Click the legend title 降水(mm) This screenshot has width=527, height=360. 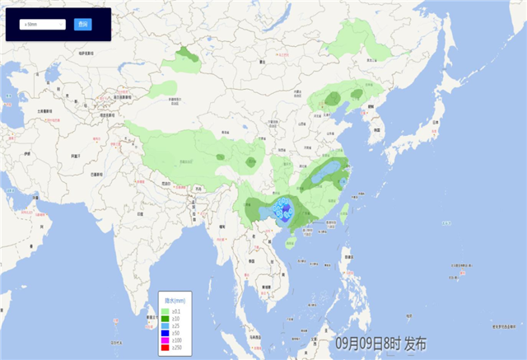click(174, 300)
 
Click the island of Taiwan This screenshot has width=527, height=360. click(345, 213)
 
